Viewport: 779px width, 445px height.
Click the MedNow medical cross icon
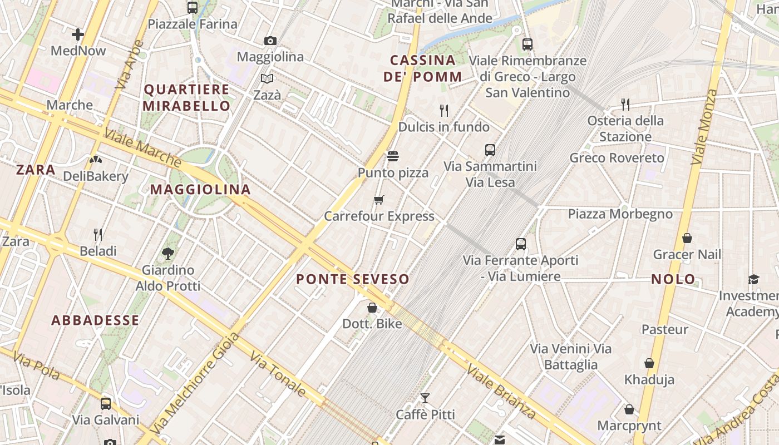click(x=78, y=34)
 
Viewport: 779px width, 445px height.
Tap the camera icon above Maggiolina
click(x=270, y=41)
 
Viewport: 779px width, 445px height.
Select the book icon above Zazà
click(x=267, y=78)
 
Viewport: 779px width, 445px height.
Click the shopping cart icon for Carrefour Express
click(x=379, y=200)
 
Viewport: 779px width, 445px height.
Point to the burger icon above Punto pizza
click(x=393, y=156)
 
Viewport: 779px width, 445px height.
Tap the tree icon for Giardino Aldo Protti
click(x=167, y=254)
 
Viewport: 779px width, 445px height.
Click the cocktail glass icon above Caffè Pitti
click(x=425, y=398)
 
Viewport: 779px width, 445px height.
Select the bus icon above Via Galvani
click(x=106, y=403)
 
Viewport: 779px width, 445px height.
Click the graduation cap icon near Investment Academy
click(x=753, y=279)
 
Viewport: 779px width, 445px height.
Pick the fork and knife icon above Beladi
click(x=98, y=234)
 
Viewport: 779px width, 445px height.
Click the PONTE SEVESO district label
click(x=353, y=279)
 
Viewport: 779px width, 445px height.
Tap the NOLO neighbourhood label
click(x=673, y=279)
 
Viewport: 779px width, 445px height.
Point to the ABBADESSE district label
click(x=95, y=320)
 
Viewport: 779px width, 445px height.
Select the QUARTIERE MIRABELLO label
click(x=187, y=97)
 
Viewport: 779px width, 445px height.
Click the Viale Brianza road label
click(x=501, y=392)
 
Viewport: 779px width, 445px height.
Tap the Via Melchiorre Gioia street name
click(x=194, y=383)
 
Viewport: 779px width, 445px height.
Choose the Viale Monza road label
click(x=704, y=126)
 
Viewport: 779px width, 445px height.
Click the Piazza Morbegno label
click(x=620, y=214)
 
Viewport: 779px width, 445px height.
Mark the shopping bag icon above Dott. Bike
click(x=372, y=308)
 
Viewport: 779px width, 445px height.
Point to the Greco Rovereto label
click(x=617, y=158)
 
